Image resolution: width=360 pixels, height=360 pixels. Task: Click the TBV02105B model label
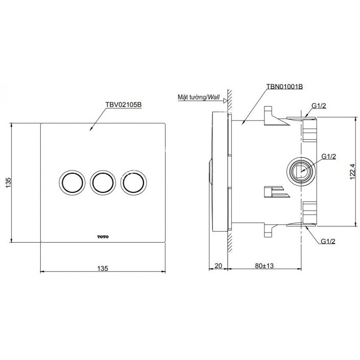pos(124,105)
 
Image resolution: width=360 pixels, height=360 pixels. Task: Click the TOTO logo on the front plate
pos(103,237)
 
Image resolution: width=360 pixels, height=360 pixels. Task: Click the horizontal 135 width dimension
pos(103,268)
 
